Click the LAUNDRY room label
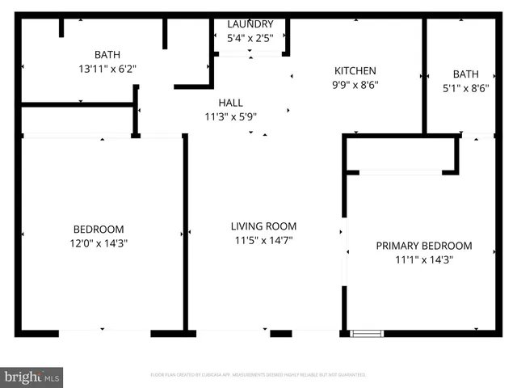click(x=250, y=24)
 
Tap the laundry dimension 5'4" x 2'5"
click(x=250, y=37)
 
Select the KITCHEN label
click(x=355, y=71)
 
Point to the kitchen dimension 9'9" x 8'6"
click(x=355, y=84)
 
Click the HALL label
click(x=230, y=103)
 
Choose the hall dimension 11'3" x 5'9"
click(x=230, y=116)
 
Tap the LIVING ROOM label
click(x=263, y=226)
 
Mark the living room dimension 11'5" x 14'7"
click(x=263, y=239)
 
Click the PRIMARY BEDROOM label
click(x=424, y=246)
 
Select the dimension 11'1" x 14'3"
click(x=424, y=259)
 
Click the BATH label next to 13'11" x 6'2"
click(x=107, y=55)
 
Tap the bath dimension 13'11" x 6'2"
click(x=107, y=69)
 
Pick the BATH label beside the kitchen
click(x=465, y=73)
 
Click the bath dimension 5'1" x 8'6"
click(x=465, y=85)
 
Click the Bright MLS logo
click(x=32, y=377)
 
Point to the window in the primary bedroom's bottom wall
click(x=367, y=333)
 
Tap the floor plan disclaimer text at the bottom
click(x=258, y=375)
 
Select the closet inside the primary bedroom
click(x=400, y=154)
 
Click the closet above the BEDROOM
click(x=77, y=120)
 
